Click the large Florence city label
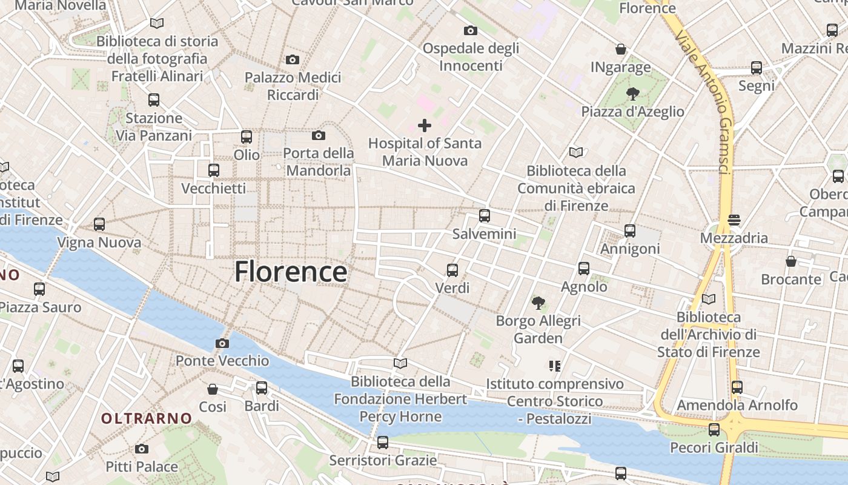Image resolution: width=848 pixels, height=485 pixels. [291, 272]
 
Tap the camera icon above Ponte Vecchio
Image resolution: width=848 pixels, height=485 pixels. [222, 344]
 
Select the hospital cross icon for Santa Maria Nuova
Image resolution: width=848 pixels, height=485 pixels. [425, 125]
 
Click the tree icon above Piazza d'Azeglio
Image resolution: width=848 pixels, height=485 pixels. [632, 94]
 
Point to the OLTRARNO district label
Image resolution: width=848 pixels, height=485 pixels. [147, 418]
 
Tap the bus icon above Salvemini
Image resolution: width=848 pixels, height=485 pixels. [484, 216]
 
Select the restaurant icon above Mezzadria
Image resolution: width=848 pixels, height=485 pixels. [734, 220]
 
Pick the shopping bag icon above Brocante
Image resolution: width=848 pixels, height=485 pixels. [790, 261]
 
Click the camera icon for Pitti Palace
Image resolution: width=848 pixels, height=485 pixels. [142, 449]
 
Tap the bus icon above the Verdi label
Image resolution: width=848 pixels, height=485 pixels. [452, 270]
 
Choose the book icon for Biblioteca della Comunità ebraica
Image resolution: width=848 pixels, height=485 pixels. [575, 153]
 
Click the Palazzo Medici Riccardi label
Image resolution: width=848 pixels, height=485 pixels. [293, 86]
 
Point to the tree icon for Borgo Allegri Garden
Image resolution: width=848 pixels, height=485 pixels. [537, 303]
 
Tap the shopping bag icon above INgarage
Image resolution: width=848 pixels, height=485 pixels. [620, 49]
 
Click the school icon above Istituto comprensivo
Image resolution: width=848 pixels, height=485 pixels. [554, 366]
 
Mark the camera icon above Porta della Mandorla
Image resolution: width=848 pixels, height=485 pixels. [318, 135]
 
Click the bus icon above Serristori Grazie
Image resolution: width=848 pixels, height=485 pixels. [382, 443]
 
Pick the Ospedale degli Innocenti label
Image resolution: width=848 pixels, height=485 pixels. [471, 56]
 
